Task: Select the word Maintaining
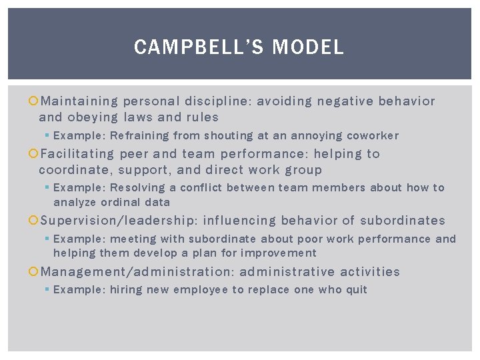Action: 79,101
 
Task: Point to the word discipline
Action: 218,101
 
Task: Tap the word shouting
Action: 228,136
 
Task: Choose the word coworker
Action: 371,136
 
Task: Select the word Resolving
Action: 138,188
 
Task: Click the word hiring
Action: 126,290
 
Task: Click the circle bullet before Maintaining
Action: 34,101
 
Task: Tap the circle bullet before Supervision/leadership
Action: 34,221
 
